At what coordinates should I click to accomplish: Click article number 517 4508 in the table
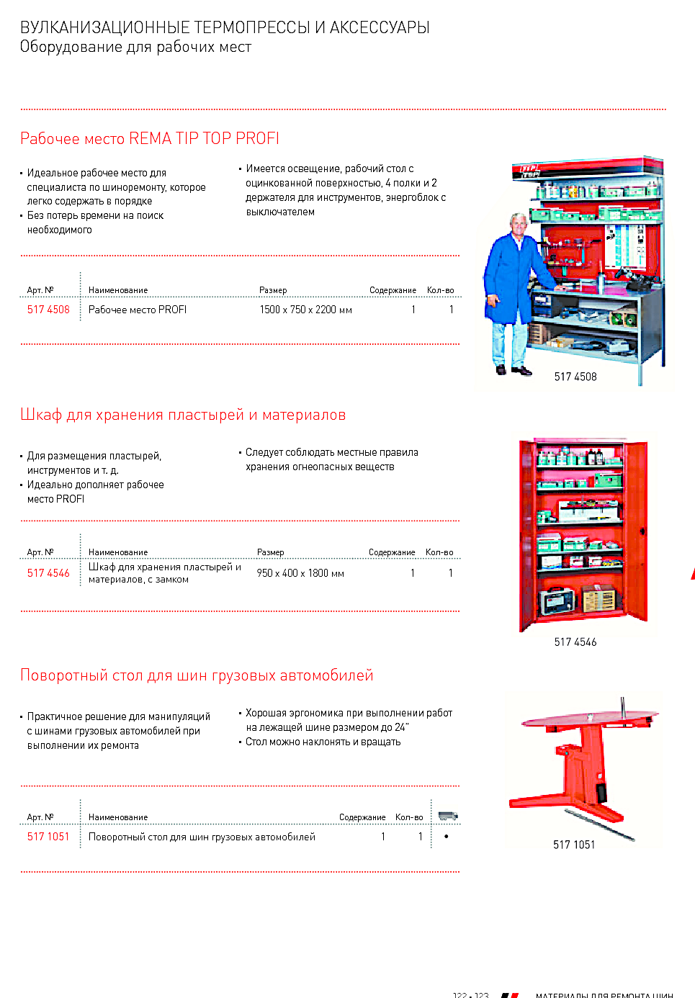48,310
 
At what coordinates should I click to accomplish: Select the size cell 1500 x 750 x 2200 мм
305,310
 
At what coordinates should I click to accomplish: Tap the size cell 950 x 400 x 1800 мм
300,573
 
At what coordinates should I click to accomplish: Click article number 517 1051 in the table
48,837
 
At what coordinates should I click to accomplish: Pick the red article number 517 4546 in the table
48,573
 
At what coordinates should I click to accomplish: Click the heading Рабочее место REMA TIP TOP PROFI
150,138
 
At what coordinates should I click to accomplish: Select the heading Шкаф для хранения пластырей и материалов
183,415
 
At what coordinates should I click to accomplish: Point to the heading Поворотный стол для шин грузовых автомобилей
197,675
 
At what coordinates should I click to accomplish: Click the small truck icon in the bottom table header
447,816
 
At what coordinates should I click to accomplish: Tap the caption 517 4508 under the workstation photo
575,377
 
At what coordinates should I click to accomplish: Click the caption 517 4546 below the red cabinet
575,642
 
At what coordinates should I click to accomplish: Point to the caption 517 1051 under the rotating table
574,845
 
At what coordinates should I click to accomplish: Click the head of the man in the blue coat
518,224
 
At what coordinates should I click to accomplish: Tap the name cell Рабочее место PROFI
137,310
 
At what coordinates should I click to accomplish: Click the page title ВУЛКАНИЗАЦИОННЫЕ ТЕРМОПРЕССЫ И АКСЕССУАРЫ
225,27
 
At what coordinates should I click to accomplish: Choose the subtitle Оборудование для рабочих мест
135,47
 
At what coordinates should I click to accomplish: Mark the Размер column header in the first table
273,290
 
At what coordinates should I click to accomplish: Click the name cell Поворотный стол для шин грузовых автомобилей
202,837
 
